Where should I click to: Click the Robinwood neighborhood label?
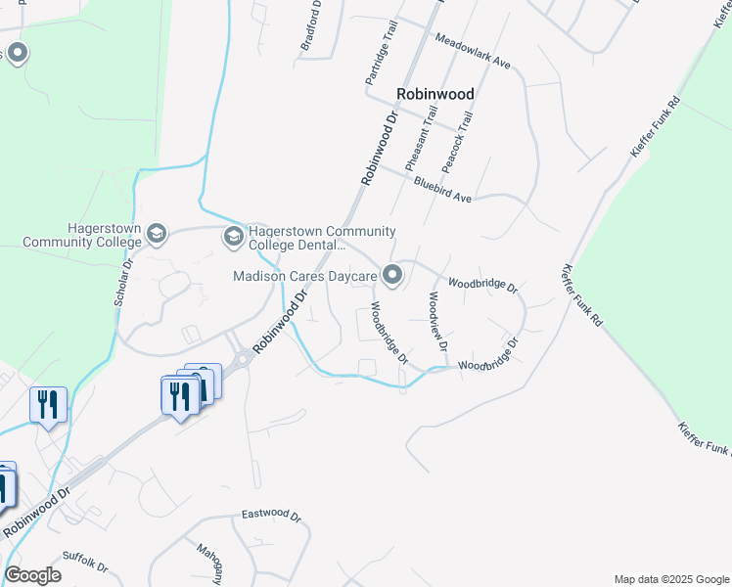(435, 94)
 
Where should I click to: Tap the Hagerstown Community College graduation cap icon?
(158, 234)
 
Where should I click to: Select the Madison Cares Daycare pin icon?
(392, 276)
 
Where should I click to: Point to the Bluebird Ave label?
(442, 189)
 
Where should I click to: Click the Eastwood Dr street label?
(271, 514)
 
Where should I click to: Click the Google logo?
(32, 575)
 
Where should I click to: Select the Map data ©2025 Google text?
(671, 579)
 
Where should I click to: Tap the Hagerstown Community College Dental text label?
(322, 238)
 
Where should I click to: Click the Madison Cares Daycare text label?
(304, 277)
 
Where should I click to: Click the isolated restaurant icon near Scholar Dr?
(47, 405)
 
